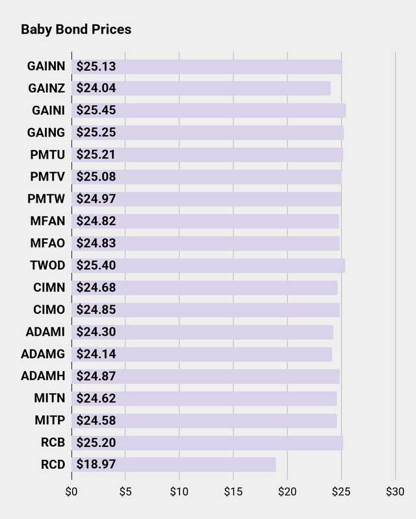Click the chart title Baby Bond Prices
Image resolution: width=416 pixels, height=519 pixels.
[76, 30]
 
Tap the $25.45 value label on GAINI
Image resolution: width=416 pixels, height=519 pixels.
[96, 110]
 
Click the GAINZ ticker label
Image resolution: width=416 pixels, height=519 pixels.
[46, 88]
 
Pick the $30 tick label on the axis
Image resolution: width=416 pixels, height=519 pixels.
[395, 491]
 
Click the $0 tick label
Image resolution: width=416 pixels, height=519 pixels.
[71, 491]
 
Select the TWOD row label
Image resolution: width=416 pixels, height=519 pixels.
[47, 266]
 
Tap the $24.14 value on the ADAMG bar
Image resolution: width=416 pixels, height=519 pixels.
[96, 355]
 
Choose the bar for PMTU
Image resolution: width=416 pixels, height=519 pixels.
[207, 155]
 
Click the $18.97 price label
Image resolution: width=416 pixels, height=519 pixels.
[96, 465]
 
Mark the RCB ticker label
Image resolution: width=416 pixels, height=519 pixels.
[53, 443]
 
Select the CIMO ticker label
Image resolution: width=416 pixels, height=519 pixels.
[49, 310]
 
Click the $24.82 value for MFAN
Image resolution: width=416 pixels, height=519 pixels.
[96, 222]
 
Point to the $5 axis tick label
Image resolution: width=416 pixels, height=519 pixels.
[125, 491]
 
